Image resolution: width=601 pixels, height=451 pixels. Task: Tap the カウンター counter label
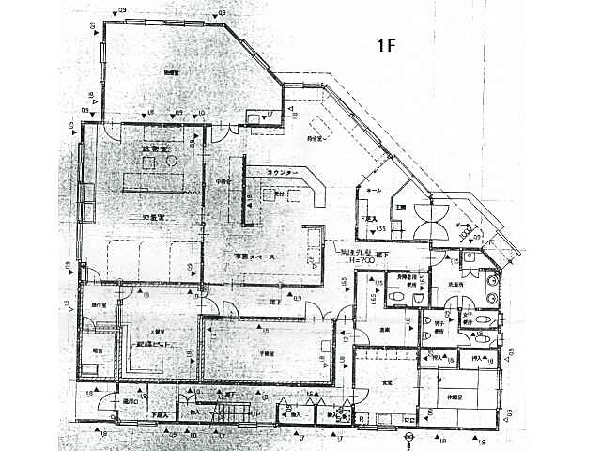click(283, 174)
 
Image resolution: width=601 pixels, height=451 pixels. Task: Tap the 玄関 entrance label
click(399, 206)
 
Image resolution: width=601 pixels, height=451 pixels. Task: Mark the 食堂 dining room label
click(387, 381)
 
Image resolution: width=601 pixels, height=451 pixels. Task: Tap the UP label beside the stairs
click(254, 412)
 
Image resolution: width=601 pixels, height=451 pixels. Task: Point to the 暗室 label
click(97, 350)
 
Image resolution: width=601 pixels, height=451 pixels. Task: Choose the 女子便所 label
click(467, 322)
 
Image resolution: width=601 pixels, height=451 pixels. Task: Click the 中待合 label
click(223, 180)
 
